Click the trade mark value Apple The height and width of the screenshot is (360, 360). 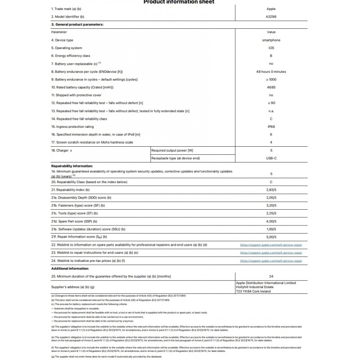(x=271, y=9)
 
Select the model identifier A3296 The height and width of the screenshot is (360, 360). (x=271, y=16)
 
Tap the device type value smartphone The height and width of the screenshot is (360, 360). (x=271, y=40)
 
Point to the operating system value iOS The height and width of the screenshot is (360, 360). (x=271, y=48)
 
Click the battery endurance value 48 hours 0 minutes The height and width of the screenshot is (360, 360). (x=271, y=72)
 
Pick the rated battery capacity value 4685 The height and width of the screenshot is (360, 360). (x=271, y=87)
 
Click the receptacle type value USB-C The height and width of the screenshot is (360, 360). (x=271, y=158)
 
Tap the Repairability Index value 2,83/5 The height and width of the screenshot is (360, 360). (x=271, y=189)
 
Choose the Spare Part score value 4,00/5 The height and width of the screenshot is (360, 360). (x=271, y=221)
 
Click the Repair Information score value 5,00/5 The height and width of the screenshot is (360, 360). (x=271, y=237)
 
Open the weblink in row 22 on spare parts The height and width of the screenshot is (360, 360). (x=271, y=245)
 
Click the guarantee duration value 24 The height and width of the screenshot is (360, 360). (x=271, y=276)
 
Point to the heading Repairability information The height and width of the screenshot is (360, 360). (x=72, y=166)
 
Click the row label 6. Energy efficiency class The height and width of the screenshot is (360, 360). (x=71, y=56)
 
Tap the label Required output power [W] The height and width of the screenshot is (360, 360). (x=172, y=150)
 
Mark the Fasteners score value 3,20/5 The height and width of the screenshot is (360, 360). (x=271, y=205)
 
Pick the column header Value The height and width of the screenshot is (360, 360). (x=271, y=32)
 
